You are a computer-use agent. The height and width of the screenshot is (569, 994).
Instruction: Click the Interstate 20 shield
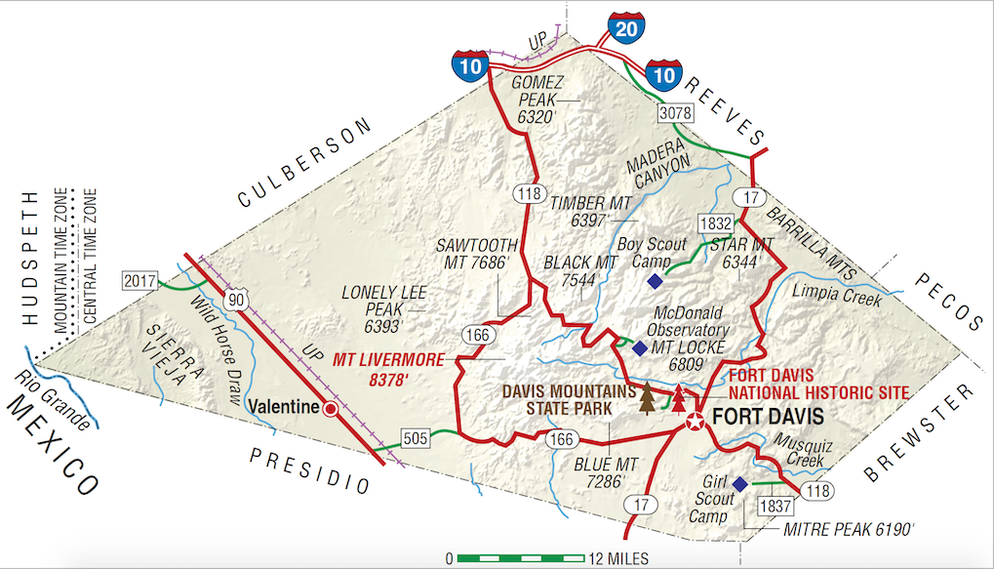626,29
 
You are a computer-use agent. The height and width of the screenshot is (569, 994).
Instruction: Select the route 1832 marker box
714,224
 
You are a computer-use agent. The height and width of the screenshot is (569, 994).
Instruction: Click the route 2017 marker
139,281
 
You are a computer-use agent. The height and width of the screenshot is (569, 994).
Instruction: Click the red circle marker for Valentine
332,409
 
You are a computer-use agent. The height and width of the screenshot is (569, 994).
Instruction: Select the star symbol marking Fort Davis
695,422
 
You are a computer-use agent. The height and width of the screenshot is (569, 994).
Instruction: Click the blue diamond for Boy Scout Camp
655,282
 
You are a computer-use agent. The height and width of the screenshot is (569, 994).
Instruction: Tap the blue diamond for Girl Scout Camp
739,484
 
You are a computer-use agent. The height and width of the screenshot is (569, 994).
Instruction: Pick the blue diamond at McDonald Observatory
640,347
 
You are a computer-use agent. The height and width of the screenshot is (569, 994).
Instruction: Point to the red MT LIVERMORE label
394,367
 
